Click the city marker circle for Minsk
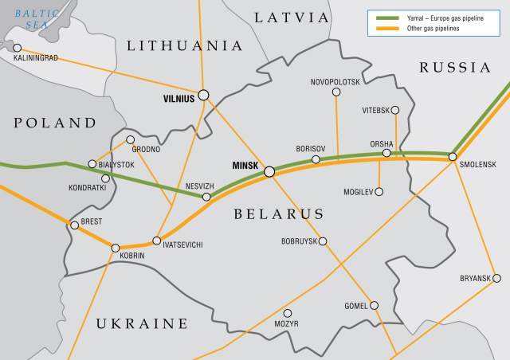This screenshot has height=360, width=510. (x=269, y=170)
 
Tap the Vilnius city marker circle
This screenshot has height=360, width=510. (x=204, y=94)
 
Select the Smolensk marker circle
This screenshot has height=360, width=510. (x=453, y=156)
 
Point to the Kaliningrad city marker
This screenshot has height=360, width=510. (x=17, y=48)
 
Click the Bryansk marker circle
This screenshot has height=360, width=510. (x=496, y=278)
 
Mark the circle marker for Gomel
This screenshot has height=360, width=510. (x=374, y=305)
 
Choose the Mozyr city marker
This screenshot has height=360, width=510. (x=288, y=313)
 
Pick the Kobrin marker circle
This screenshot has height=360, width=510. (x=116, y=248)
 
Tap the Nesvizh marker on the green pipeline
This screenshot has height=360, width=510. (x=206, y=196)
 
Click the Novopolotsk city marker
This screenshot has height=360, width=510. (x=335, y=92)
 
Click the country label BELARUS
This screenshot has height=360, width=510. (x=279, y=213)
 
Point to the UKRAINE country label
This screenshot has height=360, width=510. (x=142, y=323)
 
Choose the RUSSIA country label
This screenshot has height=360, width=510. (x=455, y=67)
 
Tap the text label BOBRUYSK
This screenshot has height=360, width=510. (x=299, y=241)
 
